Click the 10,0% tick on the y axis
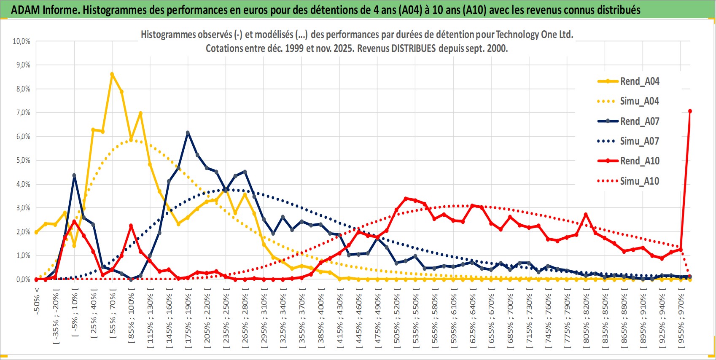point(22,41)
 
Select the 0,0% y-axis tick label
point(23,279)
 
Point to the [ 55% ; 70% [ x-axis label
point(113,312)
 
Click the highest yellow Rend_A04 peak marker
point(112,74)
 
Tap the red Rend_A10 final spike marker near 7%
point(690,111)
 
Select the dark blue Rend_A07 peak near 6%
point(188,133)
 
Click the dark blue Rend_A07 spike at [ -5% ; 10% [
point(74,175)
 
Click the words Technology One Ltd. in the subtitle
point(534,35)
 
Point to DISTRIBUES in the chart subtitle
point(413,48)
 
